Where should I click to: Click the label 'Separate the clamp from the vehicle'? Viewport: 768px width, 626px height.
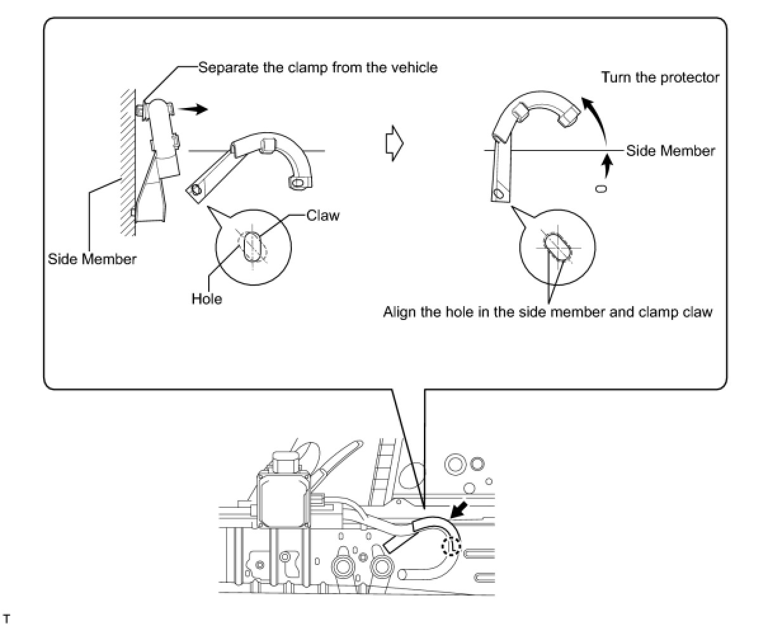(x=318, y=67)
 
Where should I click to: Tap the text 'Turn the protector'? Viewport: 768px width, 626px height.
(x=660, y=77)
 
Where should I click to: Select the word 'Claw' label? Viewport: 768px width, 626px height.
(x=323, y=215)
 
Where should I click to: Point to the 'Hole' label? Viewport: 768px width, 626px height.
(x=207, y=298)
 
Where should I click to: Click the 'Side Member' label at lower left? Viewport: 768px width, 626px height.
(x=92, y=259)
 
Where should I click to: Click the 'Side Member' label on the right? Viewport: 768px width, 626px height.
(x=670, y=151)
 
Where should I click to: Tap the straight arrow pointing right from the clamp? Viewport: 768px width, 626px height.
(x=193, y=109)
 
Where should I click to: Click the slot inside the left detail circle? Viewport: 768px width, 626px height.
(x=253, y=246)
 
